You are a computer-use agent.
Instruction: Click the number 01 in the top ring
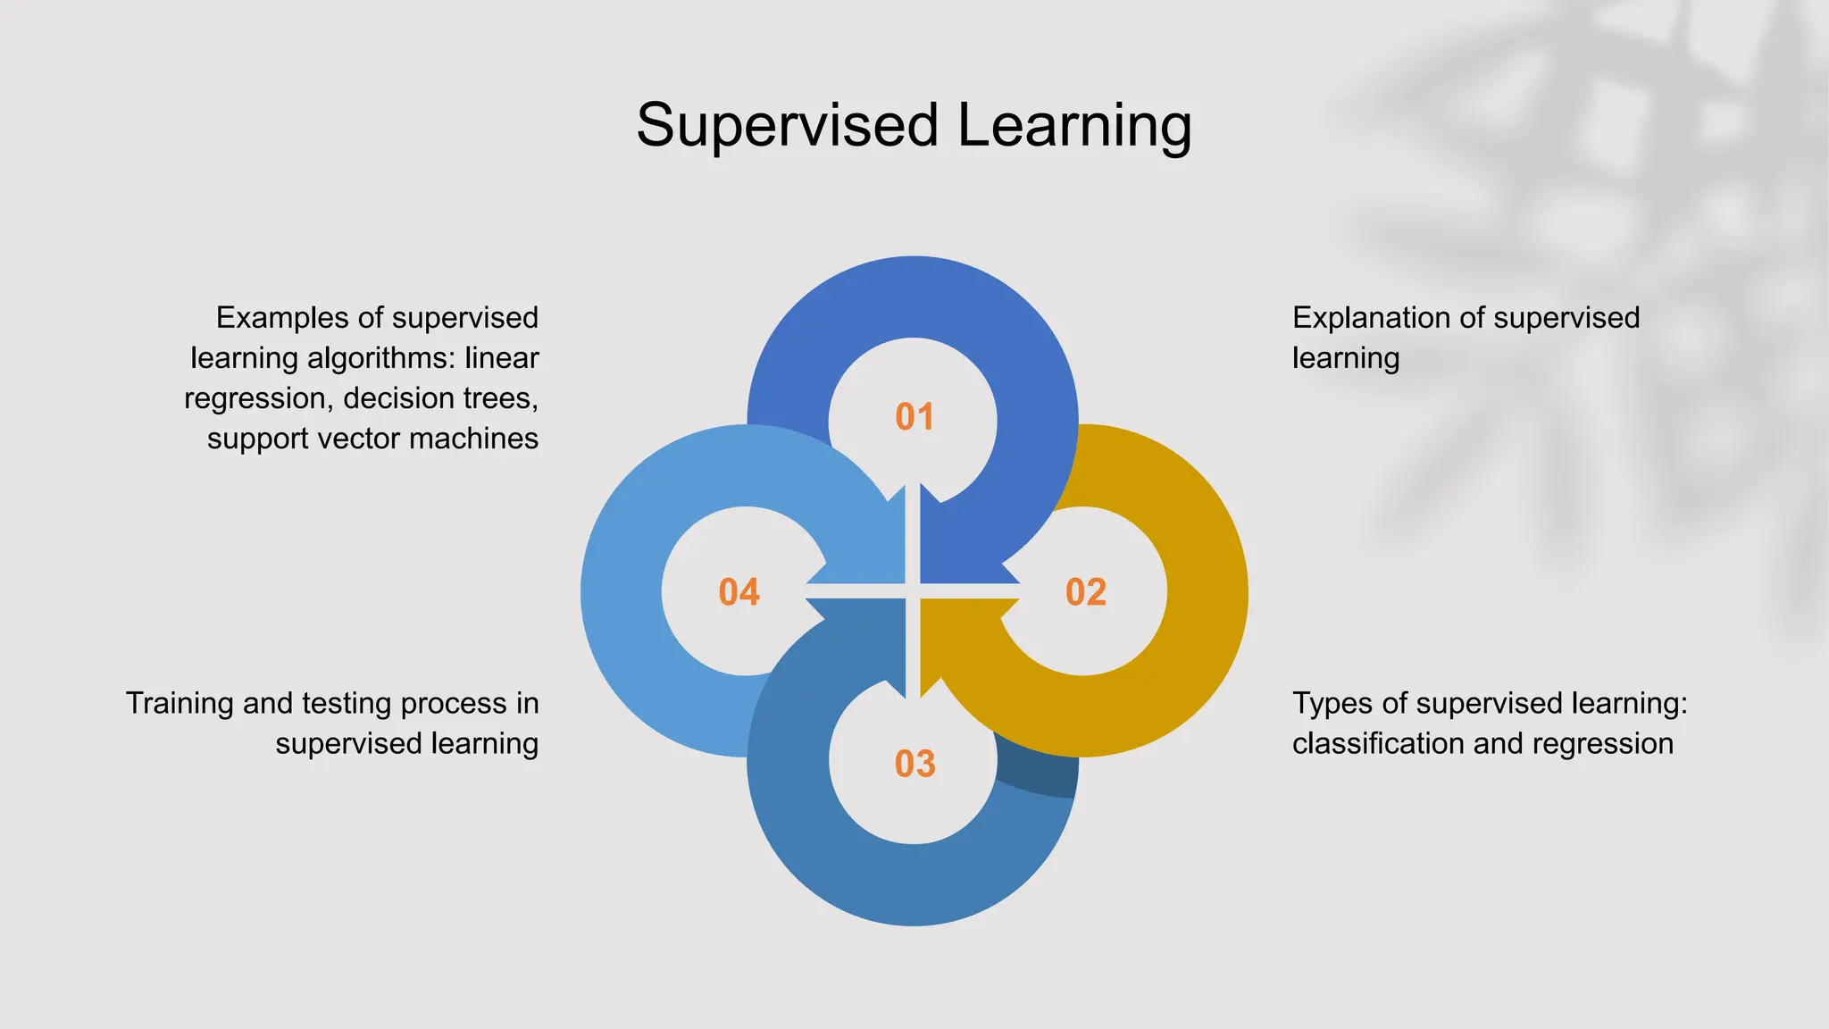914,417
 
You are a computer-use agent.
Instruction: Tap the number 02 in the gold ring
1085,592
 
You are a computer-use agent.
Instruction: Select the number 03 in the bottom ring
914,764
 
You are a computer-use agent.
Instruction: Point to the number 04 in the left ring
739,592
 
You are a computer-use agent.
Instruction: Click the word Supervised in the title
787,125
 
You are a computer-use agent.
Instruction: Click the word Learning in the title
1074,125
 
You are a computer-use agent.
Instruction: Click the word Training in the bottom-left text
179,703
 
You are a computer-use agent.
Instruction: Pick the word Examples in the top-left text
279,318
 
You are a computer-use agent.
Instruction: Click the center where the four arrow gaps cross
914,591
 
